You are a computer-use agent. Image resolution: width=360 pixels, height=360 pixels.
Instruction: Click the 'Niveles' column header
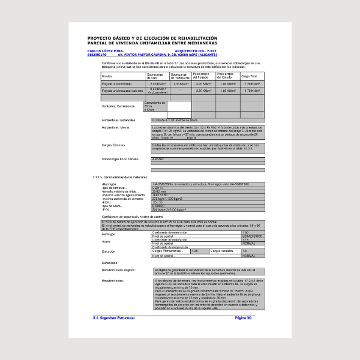coord(107,77)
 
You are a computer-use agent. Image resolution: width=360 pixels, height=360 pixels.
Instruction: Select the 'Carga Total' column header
coord(249,77)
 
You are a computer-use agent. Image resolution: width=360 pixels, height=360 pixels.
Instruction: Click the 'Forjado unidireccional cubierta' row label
coord(121,91)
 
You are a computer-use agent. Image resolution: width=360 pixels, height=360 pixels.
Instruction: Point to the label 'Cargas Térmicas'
coord(113,145)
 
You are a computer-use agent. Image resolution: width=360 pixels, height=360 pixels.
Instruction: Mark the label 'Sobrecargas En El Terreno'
coord(121,159)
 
